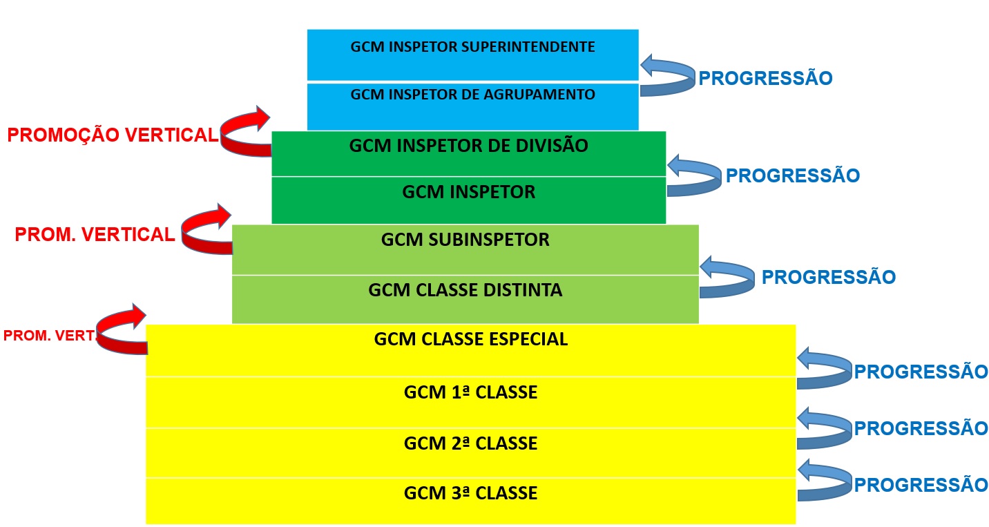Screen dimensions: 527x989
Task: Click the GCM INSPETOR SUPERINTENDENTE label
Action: (x=472, y=48)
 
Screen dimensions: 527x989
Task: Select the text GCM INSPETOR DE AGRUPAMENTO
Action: (x=472, y=95)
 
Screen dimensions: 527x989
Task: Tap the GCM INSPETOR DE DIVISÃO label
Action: (x=468, y=146)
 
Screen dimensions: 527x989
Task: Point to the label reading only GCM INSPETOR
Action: (x=468, y=192)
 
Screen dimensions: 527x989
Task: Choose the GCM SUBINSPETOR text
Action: (x=465, y=240)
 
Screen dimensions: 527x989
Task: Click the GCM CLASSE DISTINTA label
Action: (x=465, y=290)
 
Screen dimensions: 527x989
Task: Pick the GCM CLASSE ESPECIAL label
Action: (x=470, y=339)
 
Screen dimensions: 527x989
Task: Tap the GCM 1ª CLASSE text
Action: (x=470, y=392)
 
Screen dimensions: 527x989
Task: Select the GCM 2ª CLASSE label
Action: (x=470, y=443)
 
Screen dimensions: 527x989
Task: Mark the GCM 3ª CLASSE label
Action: (x=470, y=493)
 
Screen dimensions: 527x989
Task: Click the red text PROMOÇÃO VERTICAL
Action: (x=113, y=135)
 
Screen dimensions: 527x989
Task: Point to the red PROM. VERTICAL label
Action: (x=95, y=235)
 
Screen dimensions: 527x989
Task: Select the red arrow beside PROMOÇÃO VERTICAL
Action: (x=247, y=131)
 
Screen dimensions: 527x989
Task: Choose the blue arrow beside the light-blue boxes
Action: (x=667, y=75)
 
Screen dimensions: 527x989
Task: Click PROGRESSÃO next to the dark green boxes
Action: (x=792, y=176)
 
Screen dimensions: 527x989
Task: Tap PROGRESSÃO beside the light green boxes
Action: (x=828, y=278)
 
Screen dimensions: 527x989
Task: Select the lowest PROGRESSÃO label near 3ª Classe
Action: (x=921, y=485)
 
